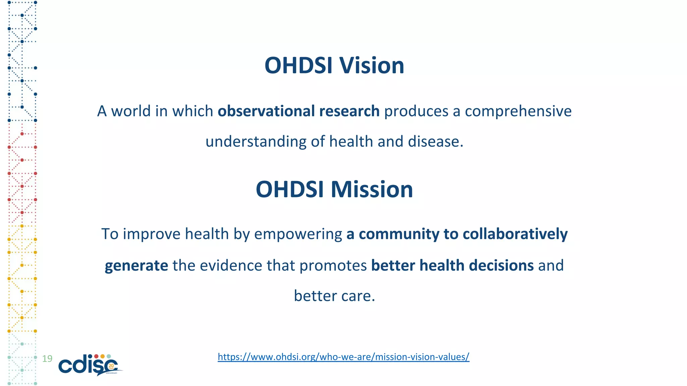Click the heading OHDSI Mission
pyautogui.click(x=334, y=189)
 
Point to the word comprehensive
pyautogui.click(x=518, y=111)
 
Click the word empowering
pyautogui.click(x=298, y=234)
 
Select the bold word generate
pyautogui.click(x=136, y=266)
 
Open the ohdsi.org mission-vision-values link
pyautogui.click(x=343, y=357)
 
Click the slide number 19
pyautogui.click(x=47, y=359)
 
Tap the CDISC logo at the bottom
pyautogui.click(x=89, y=365)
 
